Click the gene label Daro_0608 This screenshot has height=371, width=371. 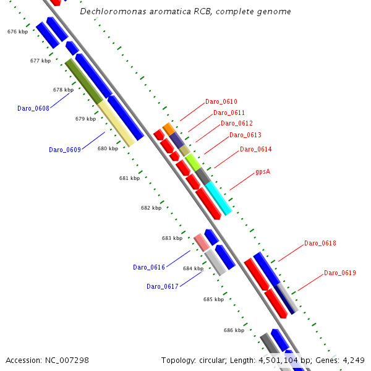tap(33, 108)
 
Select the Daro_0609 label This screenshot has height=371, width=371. tap(65, 150)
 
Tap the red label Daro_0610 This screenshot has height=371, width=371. tap(221, 101)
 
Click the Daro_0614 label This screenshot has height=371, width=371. tap(256, 149)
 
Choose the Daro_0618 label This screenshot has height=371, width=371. tap(320, 243)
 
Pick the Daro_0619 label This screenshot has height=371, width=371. tap(340, 273)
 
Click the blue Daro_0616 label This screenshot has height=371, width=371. tap(149, 267)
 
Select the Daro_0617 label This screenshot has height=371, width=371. tap(163, 286)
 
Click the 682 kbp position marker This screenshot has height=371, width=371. tap(151, 208)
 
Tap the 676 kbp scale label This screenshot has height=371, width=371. tap(17, 32)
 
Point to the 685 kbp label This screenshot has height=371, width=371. tap(213, 299)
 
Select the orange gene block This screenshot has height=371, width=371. tap(168, 129)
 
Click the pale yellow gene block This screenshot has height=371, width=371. tap(116, 124)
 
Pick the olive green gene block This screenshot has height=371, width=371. tap(84, 81)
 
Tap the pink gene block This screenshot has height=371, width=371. tap(202, 242)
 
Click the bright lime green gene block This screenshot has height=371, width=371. tap(193, 162)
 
